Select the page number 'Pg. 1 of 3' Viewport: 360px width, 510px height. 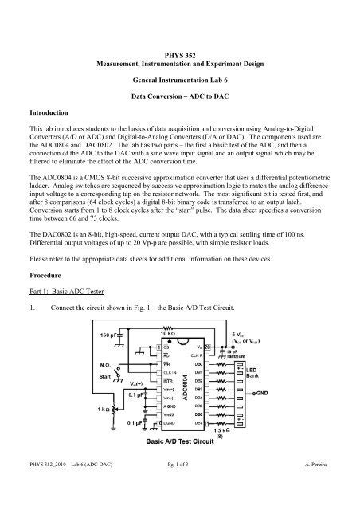point(180,497)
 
